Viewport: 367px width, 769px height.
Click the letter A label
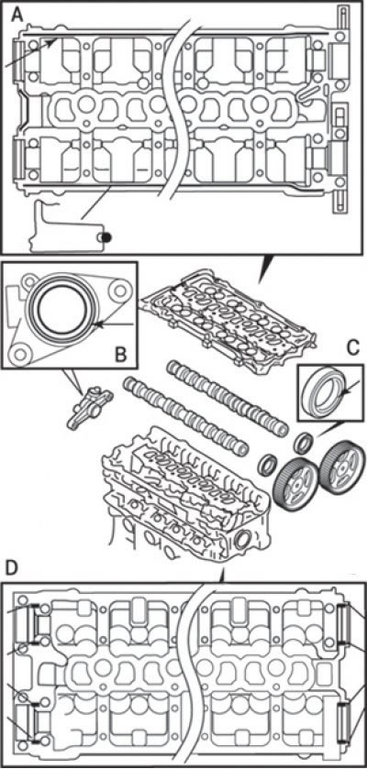[17, 16]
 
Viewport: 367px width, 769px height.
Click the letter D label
[11, 568]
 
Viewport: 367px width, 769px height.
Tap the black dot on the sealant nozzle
[106, 237]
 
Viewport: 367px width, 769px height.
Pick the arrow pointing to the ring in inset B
[114, 324]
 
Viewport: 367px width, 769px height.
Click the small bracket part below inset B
[89, 408]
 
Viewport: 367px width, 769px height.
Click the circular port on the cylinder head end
[243, 541]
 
